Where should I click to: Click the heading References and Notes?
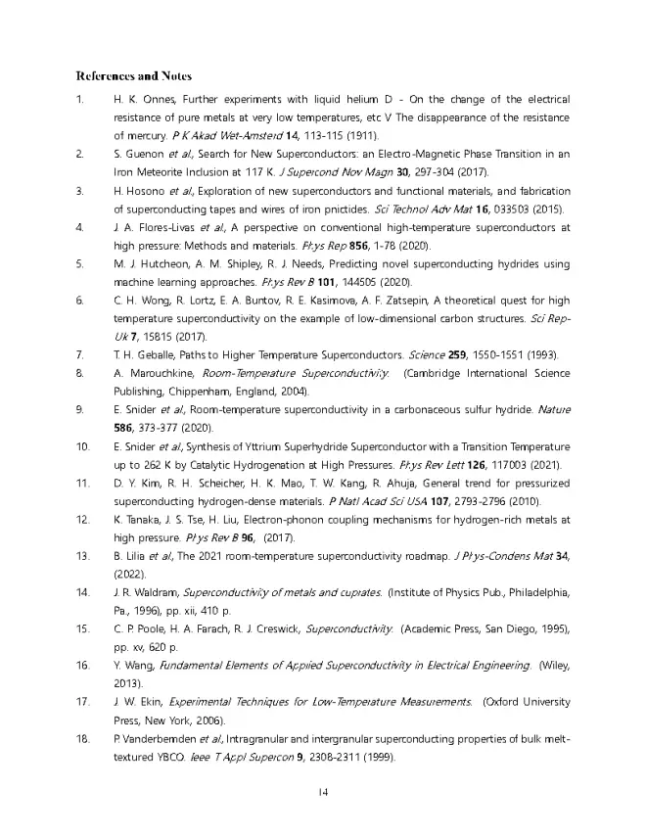tap(133, 75)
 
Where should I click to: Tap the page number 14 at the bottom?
tap(322, 791)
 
